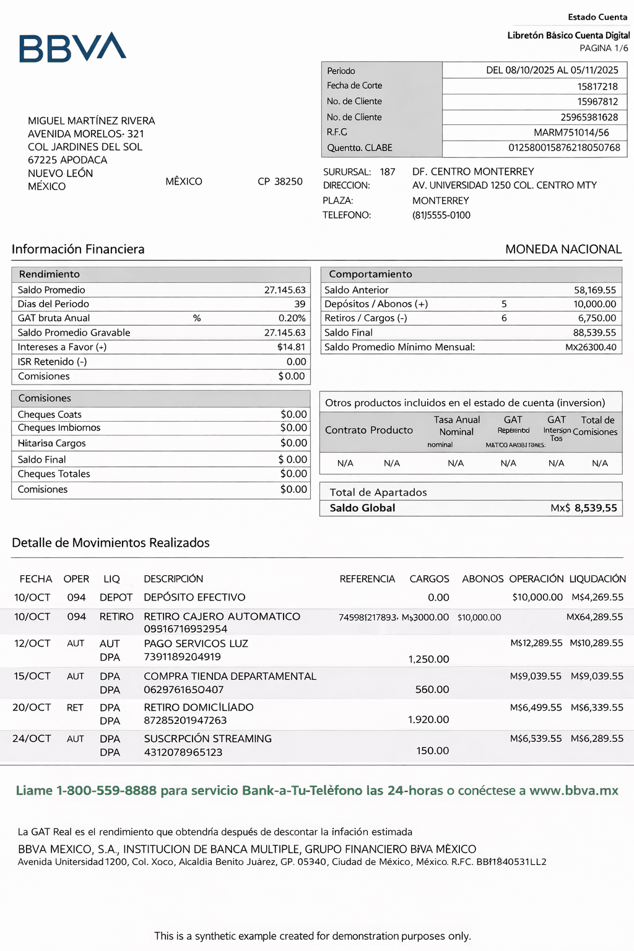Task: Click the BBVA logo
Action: (72, 48)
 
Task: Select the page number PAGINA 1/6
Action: (604, 48)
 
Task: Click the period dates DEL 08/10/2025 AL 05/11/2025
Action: (552, 71)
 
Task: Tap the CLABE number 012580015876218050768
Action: (564, 148)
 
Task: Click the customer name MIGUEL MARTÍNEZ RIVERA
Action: (92, 121)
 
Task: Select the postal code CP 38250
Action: (280, 181)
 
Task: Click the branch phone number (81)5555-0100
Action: (441, 215)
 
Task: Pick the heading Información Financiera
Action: (78, 250)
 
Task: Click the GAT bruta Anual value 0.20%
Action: (292, 318)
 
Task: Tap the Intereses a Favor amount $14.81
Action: (291, 347)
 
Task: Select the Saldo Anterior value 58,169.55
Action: (594, 290)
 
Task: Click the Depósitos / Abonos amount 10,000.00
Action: (594, 304)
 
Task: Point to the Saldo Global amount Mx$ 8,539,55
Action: (583, 508)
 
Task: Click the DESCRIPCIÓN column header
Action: (173, 579)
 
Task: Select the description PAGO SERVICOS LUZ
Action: (196, 644)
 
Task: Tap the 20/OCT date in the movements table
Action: (32, 708)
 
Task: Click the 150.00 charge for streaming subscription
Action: (432, 751)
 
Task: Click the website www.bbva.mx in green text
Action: (573, 791)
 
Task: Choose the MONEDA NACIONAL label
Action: (563, 250)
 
